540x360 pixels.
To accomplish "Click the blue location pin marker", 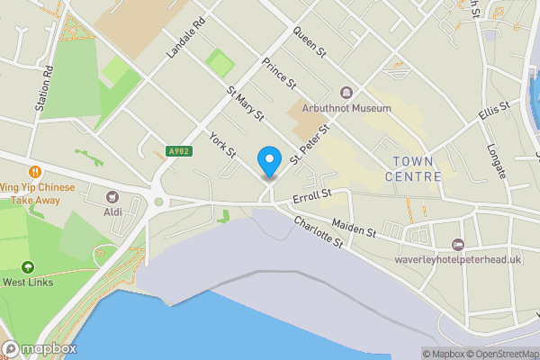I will point(268,162).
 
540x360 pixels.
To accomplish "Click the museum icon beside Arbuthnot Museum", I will point(346,93).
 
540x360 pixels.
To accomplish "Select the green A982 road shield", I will point(178,153).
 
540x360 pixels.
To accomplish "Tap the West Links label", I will point(27,282).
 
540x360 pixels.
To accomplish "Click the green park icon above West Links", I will point(27,266).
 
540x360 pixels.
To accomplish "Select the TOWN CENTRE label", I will point(414,168).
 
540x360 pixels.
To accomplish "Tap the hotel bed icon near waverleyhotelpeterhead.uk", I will point(458,245).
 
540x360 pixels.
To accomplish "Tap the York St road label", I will point(221,144).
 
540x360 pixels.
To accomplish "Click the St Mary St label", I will point(245,104).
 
